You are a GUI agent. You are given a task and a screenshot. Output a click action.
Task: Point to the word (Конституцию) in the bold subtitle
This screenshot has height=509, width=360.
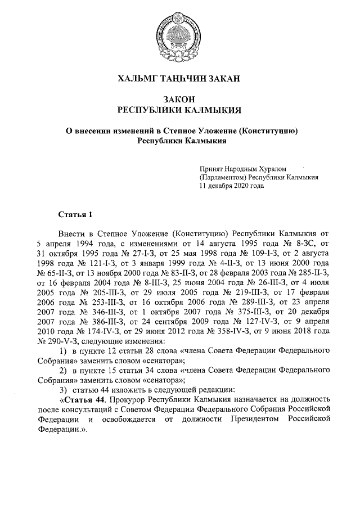(268, 130)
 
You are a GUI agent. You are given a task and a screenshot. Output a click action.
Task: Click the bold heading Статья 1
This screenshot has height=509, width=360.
(74, 215)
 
